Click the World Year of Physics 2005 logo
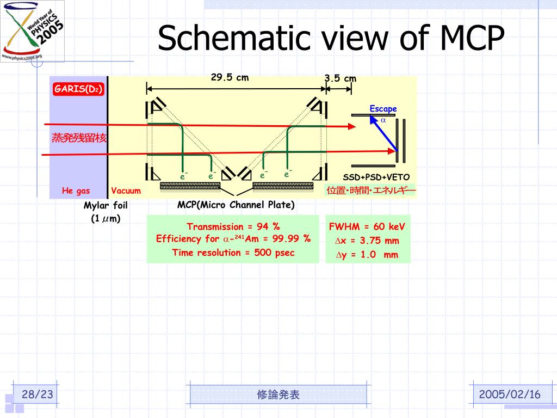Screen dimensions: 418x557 pos(32,30)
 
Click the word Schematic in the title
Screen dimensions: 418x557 pos(228,39)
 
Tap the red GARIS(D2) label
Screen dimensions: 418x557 pos(78,89)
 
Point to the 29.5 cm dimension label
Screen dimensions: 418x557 pos(230,78)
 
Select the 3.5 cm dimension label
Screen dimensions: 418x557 pos(341,78)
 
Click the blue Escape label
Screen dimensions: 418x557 pos(383,109)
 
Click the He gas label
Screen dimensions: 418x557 pos(76,190)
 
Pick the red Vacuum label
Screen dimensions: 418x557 pos(126,190)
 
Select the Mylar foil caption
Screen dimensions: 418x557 pos(106,206)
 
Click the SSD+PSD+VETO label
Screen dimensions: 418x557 pos(376,177)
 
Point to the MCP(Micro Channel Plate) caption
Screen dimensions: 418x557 pos(236,205)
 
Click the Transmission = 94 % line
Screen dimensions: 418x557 pos(233,226)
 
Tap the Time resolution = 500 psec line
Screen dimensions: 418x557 pos(233,253)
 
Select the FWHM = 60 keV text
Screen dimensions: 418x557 pos(367,227)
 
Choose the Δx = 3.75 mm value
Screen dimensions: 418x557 pos(367,241)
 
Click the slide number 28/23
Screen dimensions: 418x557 pos(37,395)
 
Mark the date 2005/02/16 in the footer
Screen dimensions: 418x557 pos(510,395)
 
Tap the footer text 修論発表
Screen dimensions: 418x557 pos(278,395)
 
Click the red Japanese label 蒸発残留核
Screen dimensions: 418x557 pos(79,138)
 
